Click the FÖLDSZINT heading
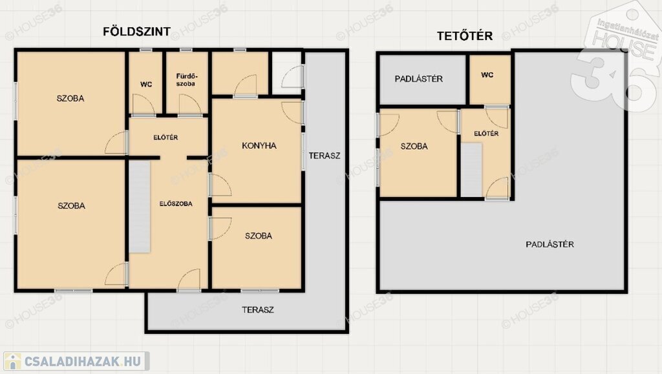[137, 32]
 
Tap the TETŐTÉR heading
[465, 36]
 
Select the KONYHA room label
[259, 145]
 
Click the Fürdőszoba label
[186, 80]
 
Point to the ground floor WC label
[146, 85]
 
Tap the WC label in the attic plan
[487, 75]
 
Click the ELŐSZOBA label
[176, 203]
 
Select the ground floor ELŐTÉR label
[165, 138]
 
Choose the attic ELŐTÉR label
[486, 134]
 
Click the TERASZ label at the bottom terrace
[258, 310]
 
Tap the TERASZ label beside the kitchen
[325, 156]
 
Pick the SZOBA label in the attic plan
[414, 147]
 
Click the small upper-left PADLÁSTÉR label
[419, 79]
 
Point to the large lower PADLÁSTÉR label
[550, 244]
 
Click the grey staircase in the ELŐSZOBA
[140, 207]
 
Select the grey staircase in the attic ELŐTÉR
[471, 169]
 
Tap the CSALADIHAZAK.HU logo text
[82, 361]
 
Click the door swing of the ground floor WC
[144, 104]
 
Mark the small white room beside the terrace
[286, 73]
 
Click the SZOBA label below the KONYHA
[259, 236]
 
